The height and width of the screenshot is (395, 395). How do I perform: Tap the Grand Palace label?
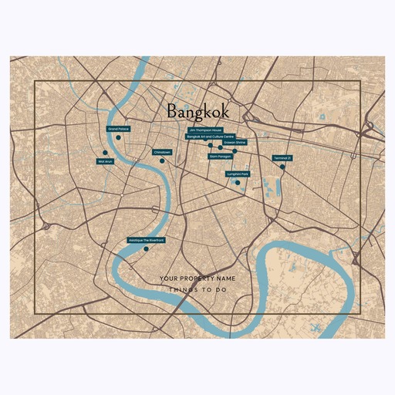pos(118,128)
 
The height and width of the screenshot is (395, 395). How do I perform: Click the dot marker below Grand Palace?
pos(118,137)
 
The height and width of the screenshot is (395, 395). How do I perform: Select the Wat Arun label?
pos(105,161)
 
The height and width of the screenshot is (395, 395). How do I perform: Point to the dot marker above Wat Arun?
pos(104,152)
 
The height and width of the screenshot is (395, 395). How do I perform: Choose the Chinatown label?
pos(161,152)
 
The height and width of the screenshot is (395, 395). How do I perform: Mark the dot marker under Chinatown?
pos(161,160)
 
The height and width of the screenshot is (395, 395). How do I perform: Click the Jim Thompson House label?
pos(206,130)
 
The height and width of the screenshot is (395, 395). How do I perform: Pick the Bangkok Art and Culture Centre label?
pos(216,136)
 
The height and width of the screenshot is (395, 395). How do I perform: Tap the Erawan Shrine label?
pos(235,143)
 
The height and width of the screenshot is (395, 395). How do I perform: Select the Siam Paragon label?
pos(221,156)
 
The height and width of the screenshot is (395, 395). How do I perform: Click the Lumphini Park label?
pos(238,174)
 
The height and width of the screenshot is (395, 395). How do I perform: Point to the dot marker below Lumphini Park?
pos(238,182)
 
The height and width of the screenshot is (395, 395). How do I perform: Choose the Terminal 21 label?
pos(282,158)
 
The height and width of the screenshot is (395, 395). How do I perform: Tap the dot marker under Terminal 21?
pos(282,167)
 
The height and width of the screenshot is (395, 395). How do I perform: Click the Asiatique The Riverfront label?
pos(147,240)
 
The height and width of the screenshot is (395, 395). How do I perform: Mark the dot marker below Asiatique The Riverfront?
pos(146,248)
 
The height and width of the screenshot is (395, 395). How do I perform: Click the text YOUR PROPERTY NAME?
pos(197,278)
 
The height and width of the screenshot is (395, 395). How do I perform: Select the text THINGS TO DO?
pos(197,290)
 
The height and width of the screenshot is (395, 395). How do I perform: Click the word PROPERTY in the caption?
pos(197,278)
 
